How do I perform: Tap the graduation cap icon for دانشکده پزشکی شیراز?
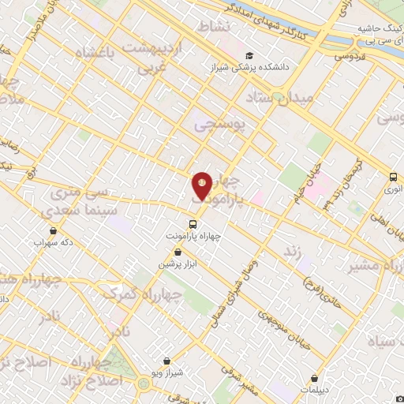[249, 55]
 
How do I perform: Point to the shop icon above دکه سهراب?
[53, 231]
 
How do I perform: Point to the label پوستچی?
[221, 124]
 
